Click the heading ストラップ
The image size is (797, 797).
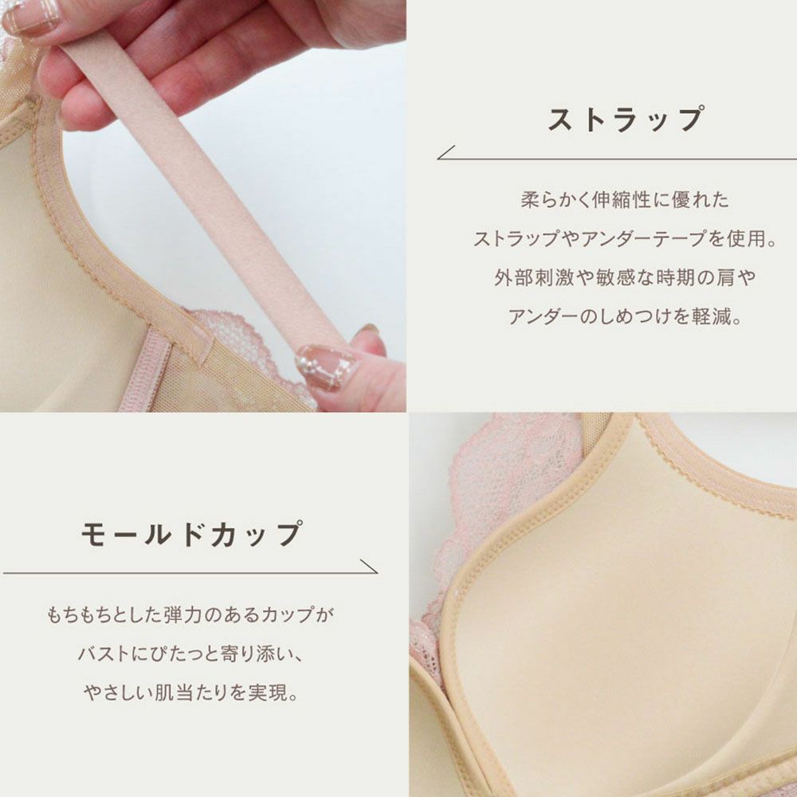click(626, 120)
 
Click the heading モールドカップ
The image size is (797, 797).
click(191, 534)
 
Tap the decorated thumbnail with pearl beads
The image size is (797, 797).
click(326, 367)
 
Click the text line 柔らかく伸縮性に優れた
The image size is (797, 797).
click(625, 200)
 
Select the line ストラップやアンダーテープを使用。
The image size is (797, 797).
click(625, 238)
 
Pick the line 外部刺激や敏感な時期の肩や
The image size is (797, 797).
click(625, 277)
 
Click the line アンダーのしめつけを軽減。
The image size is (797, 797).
click(625, 316)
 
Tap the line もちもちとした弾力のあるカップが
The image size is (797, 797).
click(190, 614)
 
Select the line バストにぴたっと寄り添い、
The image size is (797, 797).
click(190, 654)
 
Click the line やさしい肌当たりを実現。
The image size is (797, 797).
click(190, 693)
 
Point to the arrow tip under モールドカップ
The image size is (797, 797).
click(376, 572)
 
